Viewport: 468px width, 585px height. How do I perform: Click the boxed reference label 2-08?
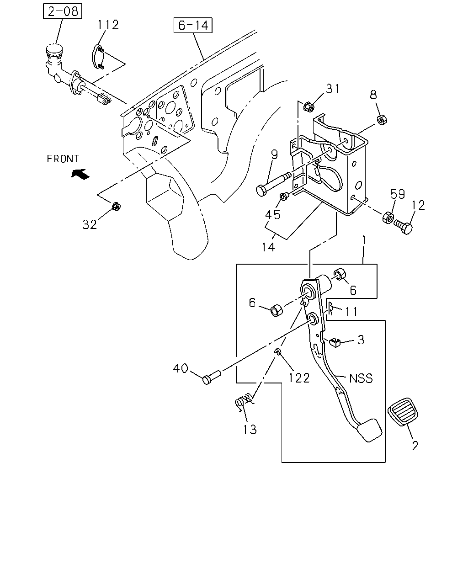62,11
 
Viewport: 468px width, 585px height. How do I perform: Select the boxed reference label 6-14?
193,25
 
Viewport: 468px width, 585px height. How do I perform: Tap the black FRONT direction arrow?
80,174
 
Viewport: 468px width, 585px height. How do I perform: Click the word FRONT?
63,159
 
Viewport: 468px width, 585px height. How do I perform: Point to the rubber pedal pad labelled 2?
403,412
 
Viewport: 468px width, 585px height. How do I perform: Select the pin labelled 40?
212,377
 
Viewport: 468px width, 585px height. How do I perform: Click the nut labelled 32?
116,207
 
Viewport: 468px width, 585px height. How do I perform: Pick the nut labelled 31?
308,106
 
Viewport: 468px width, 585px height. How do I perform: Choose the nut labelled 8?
382,120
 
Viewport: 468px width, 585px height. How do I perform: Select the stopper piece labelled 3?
335,342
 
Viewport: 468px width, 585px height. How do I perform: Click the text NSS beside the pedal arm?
361,378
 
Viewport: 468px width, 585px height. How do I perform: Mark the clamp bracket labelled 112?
97,57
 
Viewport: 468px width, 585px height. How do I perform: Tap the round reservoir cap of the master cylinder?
54,49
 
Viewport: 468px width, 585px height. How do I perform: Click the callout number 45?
273,215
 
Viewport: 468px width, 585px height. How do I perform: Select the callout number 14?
268,247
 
